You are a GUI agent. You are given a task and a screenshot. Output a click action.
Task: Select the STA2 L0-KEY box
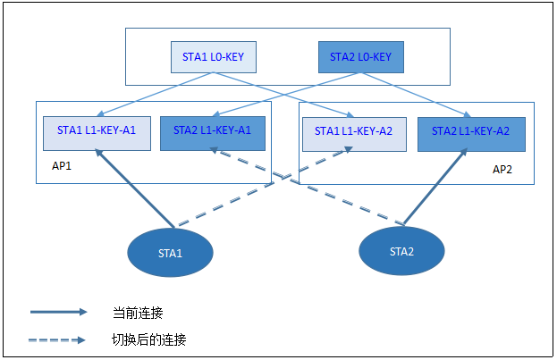tap(360, 56)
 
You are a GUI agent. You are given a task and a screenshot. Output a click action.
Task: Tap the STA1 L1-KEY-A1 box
tap(97, 130)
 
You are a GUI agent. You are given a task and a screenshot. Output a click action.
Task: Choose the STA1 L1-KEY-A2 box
tap(354, 131)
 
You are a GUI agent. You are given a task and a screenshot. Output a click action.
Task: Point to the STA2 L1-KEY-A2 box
tap(470, 131)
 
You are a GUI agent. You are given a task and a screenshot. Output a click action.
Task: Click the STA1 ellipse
tap(170, 254)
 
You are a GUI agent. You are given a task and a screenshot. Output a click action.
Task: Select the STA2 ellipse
tap(401, 252)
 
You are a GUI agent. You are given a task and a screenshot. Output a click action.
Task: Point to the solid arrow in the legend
tap(58, 312)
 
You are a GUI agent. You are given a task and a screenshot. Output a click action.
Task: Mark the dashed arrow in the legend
tap(58, 339)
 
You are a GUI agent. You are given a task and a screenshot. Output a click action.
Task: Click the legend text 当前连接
tap(138, 312)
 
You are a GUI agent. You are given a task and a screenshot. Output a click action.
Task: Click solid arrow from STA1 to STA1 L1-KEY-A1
tap(134, 188)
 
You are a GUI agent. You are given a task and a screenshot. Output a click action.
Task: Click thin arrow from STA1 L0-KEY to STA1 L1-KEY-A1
tap(148, 94)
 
